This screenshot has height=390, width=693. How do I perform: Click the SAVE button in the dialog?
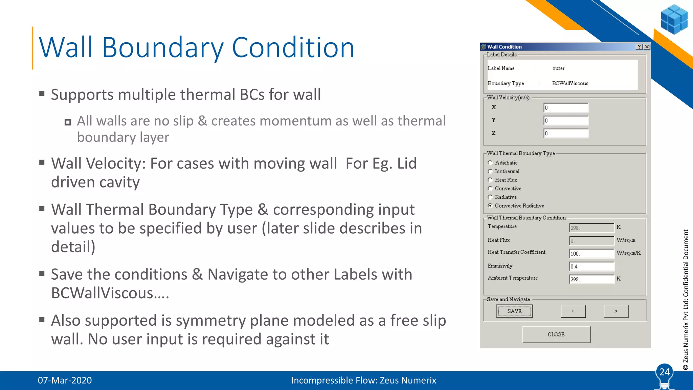coord(514,311)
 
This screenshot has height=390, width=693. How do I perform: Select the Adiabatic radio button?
coord(490,163)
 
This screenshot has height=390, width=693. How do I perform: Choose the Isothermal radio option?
coord(490,171)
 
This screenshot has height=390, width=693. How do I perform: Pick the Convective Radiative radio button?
coord(490,206)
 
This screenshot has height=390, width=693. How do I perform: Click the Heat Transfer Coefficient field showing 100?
coord(591,254)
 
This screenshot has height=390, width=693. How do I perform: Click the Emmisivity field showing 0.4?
coord(591,266)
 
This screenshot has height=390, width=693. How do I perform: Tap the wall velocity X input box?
coord(566,108)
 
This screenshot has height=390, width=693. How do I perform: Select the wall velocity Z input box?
coord(566,133)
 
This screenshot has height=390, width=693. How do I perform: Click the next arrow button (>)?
coord(616,311)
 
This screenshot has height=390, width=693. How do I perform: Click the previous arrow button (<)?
coord(573,311)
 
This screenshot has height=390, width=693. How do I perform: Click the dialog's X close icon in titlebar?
coord(647,47)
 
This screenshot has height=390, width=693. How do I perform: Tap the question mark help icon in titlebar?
coord(639,47)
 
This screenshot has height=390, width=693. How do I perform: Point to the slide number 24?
coord(665,372)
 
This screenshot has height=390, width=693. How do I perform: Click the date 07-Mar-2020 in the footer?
coord(65,380)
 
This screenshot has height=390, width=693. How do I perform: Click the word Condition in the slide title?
coord(293,48)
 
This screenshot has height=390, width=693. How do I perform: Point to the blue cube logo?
coord(674,19)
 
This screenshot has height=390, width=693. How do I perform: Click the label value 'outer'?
coord(558,68)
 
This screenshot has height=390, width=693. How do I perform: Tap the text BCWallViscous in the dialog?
coord(570,83)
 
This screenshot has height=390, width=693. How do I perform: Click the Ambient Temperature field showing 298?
coord(591,279)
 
